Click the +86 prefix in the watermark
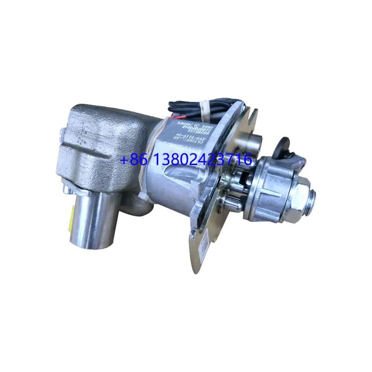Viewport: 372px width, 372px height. [131, 160]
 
